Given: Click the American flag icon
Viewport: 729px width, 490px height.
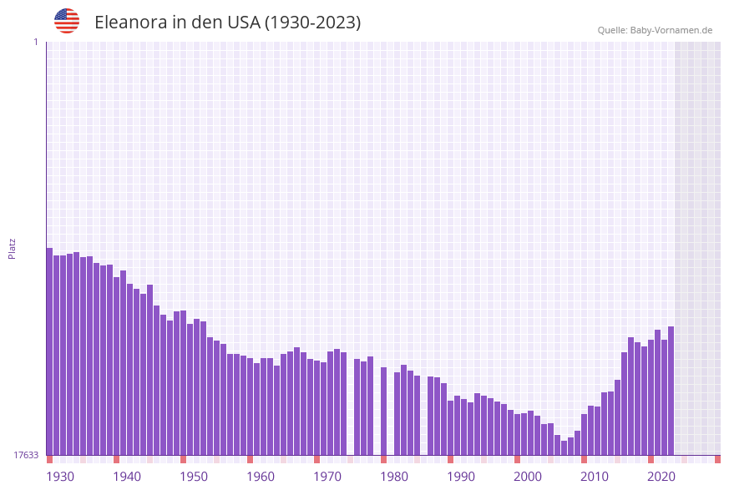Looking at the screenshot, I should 67,21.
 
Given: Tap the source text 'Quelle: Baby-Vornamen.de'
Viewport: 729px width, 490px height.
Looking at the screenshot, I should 655,30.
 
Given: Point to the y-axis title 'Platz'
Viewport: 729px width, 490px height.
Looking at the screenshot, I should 13,248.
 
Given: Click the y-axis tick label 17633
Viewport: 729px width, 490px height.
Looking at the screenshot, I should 26,455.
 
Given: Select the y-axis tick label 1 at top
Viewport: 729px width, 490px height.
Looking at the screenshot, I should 35,42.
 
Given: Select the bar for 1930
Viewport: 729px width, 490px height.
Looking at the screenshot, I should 49,351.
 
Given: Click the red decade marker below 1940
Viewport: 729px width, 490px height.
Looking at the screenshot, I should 116,459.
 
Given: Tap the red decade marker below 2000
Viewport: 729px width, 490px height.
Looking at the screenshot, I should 517,459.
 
